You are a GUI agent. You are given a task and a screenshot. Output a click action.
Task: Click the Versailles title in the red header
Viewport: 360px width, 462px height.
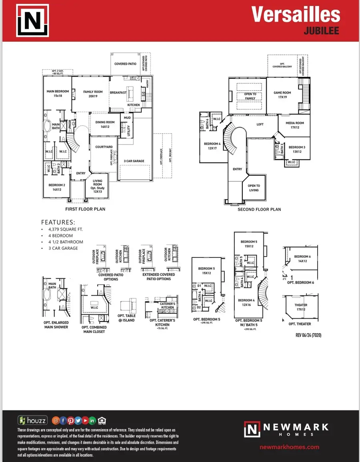(296, 15)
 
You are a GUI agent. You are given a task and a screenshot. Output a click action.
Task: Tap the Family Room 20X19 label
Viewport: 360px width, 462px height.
(93, 94)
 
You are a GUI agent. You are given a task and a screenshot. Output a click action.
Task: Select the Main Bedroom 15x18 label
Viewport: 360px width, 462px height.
(58, 94)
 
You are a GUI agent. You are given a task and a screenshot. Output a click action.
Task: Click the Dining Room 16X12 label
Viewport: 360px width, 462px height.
(105, 125)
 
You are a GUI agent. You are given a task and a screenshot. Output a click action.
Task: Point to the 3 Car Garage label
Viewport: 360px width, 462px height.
(134, 161)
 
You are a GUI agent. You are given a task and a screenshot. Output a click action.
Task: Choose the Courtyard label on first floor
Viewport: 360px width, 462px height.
(104, 147)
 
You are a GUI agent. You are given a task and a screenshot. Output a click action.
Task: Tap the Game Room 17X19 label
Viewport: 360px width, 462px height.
(282, 95)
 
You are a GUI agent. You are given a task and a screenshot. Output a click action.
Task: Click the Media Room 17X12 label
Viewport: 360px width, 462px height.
(295, 125)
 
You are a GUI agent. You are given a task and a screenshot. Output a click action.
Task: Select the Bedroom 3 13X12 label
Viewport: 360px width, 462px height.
(297, 149)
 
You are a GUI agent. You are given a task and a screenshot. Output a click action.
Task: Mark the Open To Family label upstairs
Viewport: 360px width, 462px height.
(250, 96)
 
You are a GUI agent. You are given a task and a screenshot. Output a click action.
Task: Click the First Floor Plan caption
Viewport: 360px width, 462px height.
(85, 209)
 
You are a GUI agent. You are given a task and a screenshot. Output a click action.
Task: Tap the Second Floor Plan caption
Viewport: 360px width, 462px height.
(259, 209)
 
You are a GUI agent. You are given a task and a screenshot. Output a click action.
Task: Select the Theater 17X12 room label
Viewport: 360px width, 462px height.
(301, 307)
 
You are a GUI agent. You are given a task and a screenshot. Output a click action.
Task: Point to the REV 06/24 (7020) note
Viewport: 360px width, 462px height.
(308, 335)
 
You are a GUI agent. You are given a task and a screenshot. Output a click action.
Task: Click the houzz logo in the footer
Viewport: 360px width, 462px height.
(33, 420)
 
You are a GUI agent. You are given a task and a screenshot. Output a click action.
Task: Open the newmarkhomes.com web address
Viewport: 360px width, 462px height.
(290, 447)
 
